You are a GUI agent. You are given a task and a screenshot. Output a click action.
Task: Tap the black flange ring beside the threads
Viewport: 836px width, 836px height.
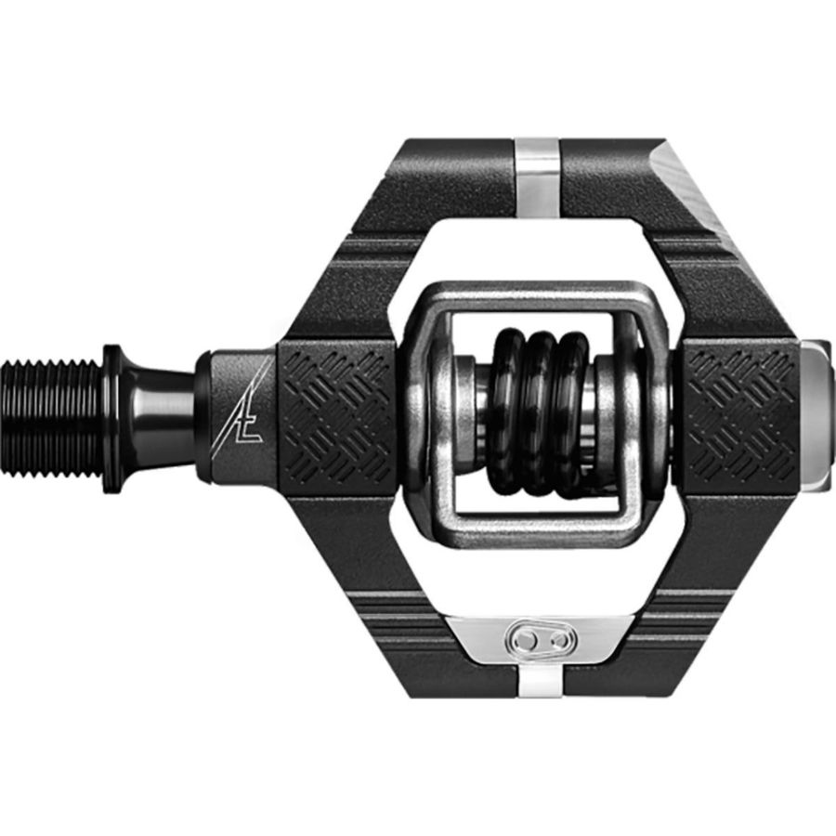(111, 416)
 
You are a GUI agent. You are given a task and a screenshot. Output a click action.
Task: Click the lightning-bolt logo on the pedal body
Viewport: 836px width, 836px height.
(246, 409)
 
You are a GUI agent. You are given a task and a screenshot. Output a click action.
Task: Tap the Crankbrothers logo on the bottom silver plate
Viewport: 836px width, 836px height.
(540, 640)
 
